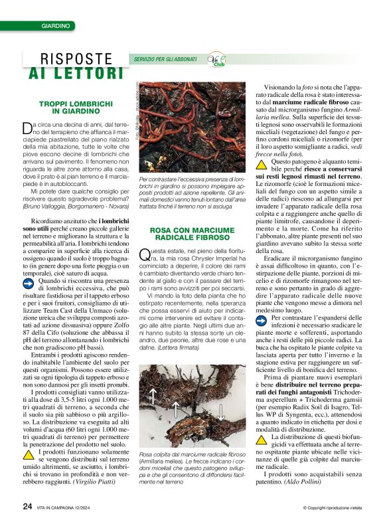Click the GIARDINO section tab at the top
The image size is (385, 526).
pos(56,26)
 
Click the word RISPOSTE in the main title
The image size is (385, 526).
pos(76,59)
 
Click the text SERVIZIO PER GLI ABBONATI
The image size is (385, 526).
pos(165,60)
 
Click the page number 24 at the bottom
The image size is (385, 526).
pos(27,505)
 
